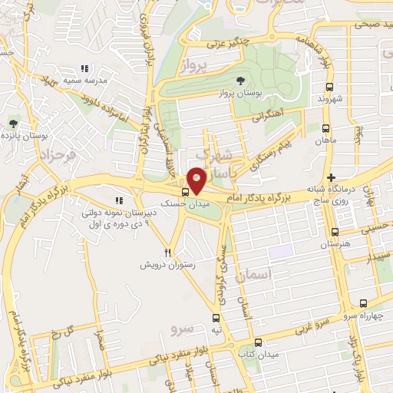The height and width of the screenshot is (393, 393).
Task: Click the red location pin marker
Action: pos(197,180)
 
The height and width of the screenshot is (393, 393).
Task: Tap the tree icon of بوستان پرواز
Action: pos(241,79)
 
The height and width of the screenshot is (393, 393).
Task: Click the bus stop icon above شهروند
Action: pos(329,87)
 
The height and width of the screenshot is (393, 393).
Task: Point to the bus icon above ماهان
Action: pos(326,129)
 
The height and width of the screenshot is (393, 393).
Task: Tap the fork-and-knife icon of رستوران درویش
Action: pos(167,252)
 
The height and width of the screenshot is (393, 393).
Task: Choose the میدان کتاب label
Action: pos(258,355)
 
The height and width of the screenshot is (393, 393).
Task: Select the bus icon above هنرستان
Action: pos(335,232)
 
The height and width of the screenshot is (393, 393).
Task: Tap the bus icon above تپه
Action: pos(215,316)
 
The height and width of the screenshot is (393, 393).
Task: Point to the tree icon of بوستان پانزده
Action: pos(12,123)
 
